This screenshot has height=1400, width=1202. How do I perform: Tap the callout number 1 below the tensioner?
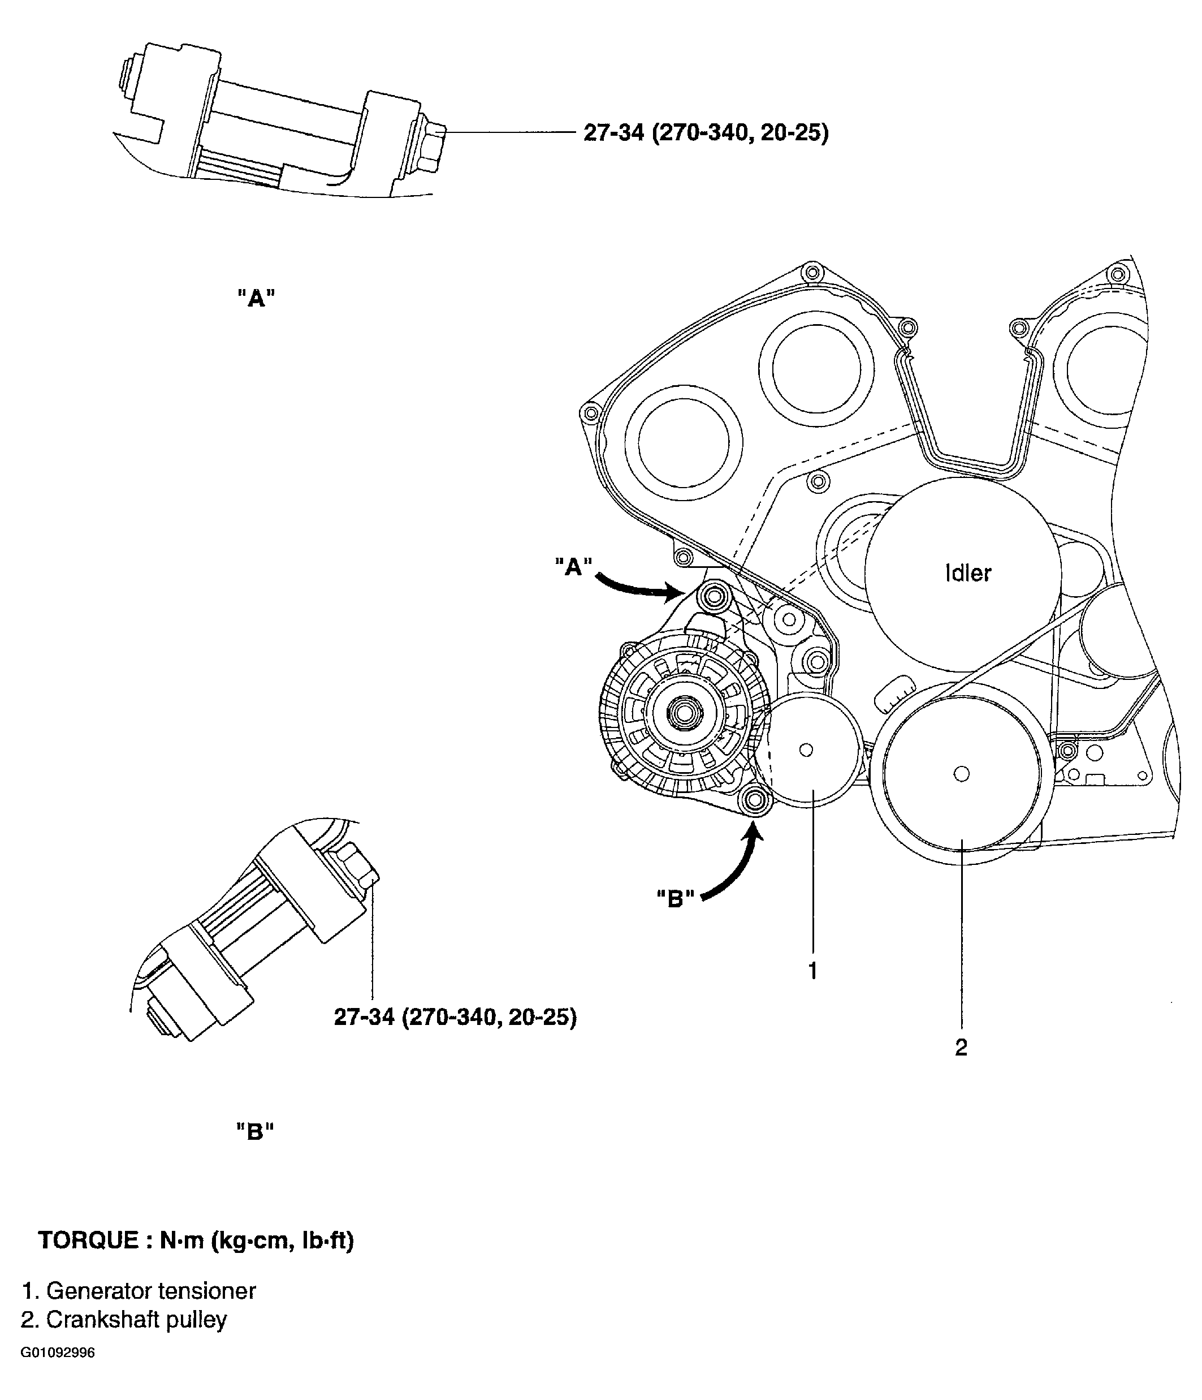click(813, 970)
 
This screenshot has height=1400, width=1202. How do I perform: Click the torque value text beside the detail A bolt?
click(706, 133)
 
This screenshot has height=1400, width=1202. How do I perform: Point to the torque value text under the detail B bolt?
click(455, 1017)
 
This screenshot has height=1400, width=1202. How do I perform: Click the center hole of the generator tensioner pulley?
click(806, 749)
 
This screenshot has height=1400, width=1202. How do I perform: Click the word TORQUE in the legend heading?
click(88, 1240)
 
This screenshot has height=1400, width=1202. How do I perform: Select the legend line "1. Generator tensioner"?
click(139, 1291)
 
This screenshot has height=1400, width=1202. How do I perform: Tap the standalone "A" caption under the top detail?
click(256, 298)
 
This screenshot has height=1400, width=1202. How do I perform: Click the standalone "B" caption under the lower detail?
click(255, 1131)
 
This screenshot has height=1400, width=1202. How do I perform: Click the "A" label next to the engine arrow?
click(573, 566)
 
